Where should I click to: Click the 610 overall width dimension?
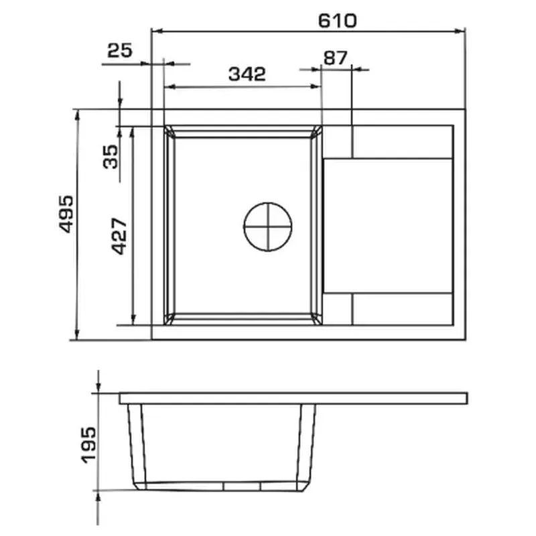pyautogui.click(x=337, y=21)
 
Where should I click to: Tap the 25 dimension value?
pyautogui.click(x=119, y=50)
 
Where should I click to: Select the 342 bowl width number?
pyautogui.click(x=247, y=74)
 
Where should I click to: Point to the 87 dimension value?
pyautogui.click(x=335, y=58)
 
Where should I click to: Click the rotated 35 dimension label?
pyautogui.click(x=111, y=157)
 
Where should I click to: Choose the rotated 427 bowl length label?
pyautogui.click(x=120, y=237)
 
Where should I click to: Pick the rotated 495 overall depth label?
pyautogui.click(x=66, y=214)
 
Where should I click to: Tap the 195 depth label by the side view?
pyautogui.click(x=89, y=445)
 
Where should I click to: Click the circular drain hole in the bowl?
pyautogui.click(x=267, y=226)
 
